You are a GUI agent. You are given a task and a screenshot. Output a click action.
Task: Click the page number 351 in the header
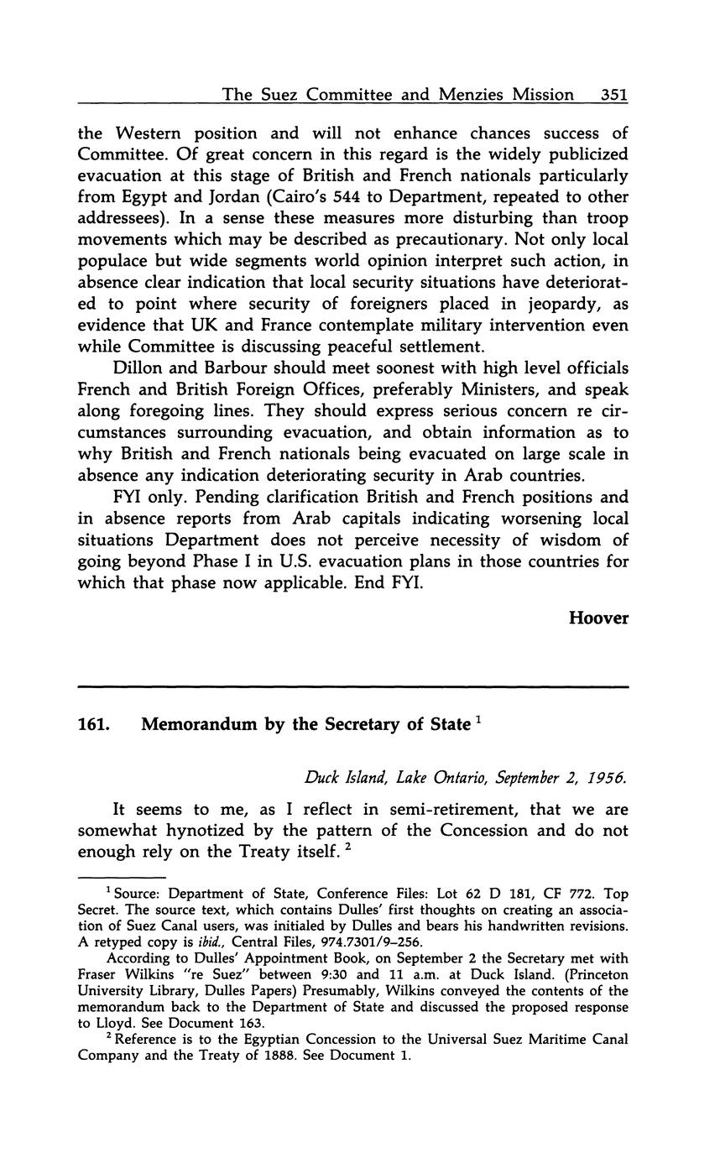(x=614, y=95)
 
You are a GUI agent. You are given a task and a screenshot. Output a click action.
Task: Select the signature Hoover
(x=598, y=618)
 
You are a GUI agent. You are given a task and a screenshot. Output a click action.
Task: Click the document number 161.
(x=92, y=725)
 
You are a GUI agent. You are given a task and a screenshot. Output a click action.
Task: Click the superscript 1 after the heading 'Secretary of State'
(x=477, y=719)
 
